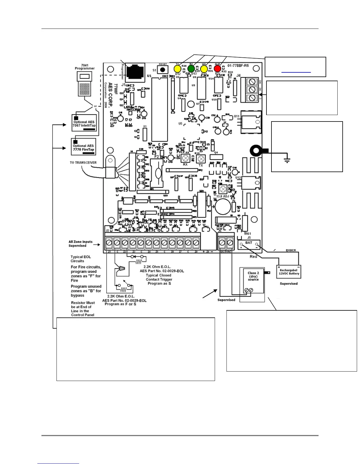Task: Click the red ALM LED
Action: [x=217, y=69]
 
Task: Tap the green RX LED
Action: [x=191, y=69]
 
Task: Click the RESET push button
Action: [x=162, y=70]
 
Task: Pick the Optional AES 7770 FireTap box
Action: [x=84, y=147]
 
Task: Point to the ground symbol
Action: [x=287, y=160]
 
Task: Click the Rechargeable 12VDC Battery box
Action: [x=289, y=272]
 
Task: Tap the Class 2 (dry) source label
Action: [x=253, y=276]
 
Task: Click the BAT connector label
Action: [x=249, y=243]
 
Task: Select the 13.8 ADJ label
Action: [x=223, y=196]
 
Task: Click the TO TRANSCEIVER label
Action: [x=83, y=162]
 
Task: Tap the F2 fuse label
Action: [x=156, y=157]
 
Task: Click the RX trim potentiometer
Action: [x=185, y=158]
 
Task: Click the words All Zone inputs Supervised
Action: [x=80, y=244]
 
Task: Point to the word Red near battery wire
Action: [x=253, y=257]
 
